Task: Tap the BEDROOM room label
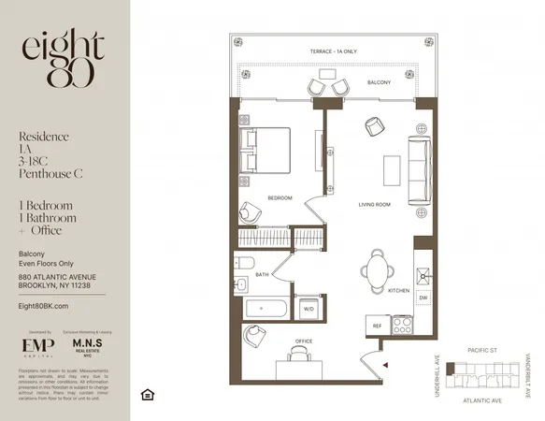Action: click(x=280, y=198)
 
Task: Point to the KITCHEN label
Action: click(x=399, y=291)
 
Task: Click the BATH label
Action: click(x=263, y=274)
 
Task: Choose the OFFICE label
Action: click(x=306, y=341)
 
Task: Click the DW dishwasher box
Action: click(x=423, y=298)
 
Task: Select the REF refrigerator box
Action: click(x=377, y=327)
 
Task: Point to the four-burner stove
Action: click(x=405, y=327)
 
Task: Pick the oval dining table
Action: click(x=375, y=272)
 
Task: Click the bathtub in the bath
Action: click(x=265, y=307)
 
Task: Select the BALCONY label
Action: click(x=379, y=82)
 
